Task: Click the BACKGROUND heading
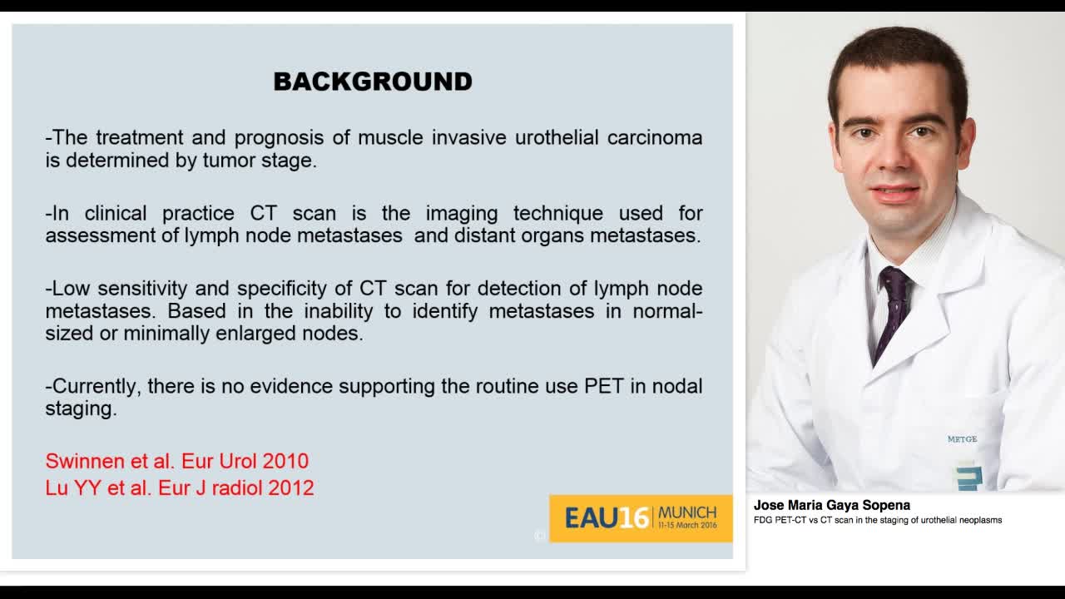pyautogui.click(x=373, y=82)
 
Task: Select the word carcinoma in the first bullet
pyautogui.click(x=654, y=138)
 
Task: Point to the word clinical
pyautogui.click(x=115, y=213)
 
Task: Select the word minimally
pyautogui.click(x=166, y=334)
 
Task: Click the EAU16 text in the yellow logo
pyautogui.click(x=606, y=518)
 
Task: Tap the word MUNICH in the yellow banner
pyautogui.click(x=687, y=512)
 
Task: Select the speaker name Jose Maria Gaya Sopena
pyautogui.click(x=831, y=505)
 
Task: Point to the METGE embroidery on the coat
pyautogui.click(x=962, y=439)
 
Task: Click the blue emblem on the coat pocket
pyautogui.click(x=968, y=477)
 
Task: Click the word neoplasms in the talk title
pyautogui.click(x=979, y=520)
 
